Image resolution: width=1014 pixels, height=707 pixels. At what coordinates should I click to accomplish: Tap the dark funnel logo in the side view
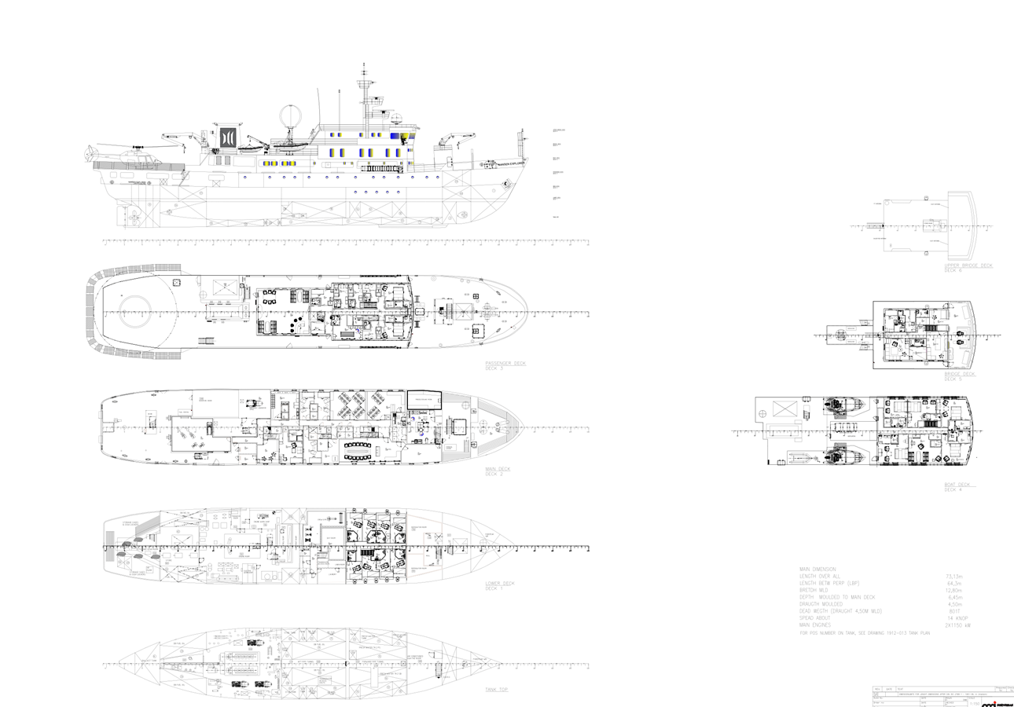(x=228, y=137)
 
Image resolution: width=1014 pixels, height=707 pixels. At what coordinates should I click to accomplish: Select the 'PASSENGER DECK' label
(x=505, y=363)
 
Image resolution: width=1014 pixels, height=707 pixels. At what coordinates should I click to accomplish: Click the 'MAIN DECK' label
(x=498, y=469)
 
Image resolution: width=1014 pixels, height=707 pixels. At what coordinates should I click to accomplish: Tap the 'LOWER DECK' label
(x=500, y=583)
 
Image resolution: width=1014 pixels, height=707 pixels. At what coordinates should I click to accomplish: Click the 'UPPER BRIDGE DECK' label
(x=968, y=266)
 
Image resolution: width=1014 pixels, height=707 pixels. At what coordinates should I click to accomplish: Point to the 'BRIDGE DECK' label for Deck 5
(x=959, y=374)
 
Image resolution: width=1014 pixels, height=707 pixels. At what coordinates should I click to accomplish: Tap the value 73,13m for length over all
(x=953, y=577)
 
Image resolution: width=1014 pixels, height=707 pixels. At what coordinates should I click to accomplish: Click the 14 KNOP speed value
(x=955, y=618)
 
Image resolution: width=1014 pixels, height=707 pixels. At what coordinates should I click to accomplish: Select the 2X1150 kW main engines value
(x=958, y=625)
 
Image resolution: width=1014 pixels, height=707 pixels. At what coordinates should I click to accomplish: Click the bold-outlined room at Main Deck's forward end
(x=424, y=398)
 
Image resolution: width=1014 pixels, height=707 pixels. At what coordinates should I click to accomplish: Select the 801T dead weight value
(x=954, y=611)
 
